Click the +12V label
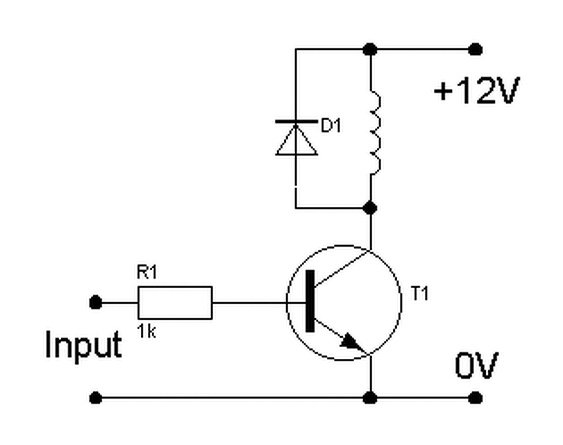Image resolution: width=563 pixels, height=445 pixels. coord(477,91)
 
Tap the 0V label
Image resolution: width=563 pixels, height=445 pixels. coord(477,365)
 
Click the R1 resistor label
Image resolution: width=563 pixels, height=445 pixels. coord(147,272)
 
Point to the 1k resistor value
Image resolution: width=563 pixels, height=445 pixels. coord(146,331)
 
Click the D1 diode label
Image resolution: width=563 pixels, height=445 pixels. coord(331,125)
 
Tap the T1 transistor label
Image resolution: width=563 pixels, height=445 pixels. coord(419,294)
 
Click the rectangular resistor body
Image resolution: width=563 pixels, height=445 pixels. coord(175,303)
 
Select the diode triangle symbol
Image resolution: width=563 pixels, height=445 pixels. coord(296,140)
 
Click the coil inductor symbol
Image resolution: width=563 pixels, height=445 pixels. coord(376,132)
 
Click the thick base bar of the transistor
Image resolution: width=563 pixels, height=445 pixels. coord(310,301)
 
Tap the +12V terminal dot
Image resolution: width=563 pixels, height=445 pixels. coord(475,49)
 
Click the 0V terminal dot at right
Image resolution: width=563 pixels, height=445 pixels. coord(475,398)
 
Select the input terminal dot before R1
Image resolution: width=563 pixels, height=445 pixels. coord(95,302)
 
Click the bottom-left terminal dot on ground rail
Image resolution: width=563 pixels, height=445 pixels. coord(95,398)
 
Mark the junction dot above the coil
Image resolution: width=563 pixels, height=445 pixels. coord(370,49)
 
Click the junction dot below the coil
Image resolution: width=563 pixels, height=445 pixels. coord(370,208)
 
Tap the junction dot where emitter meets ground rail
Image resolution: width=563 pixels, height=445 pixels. coord(370,398)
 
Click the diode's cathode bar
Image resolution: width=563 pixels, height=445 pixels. coord(296,121)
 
